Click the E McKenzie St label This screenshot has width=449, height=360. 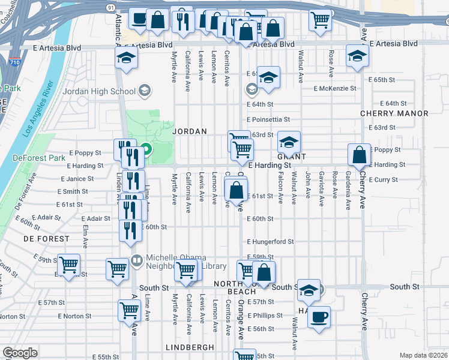[x=335, y=88]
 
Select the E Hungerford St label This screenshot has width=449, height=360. [x=270, y=242]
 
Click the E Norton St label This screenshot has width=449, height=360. [x=75, y=316]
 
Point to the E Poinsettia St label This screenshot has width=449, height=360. [x=268, y=119]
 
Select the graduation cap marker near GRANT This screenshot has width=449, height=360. [x=289, y=142]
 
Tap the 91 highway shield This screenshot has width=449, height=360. [x=110, y=7]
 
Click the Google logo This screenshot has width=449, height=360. [x=20, y=352]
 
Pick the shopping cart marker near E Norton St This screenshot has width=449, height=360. [x=130, y=311]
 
